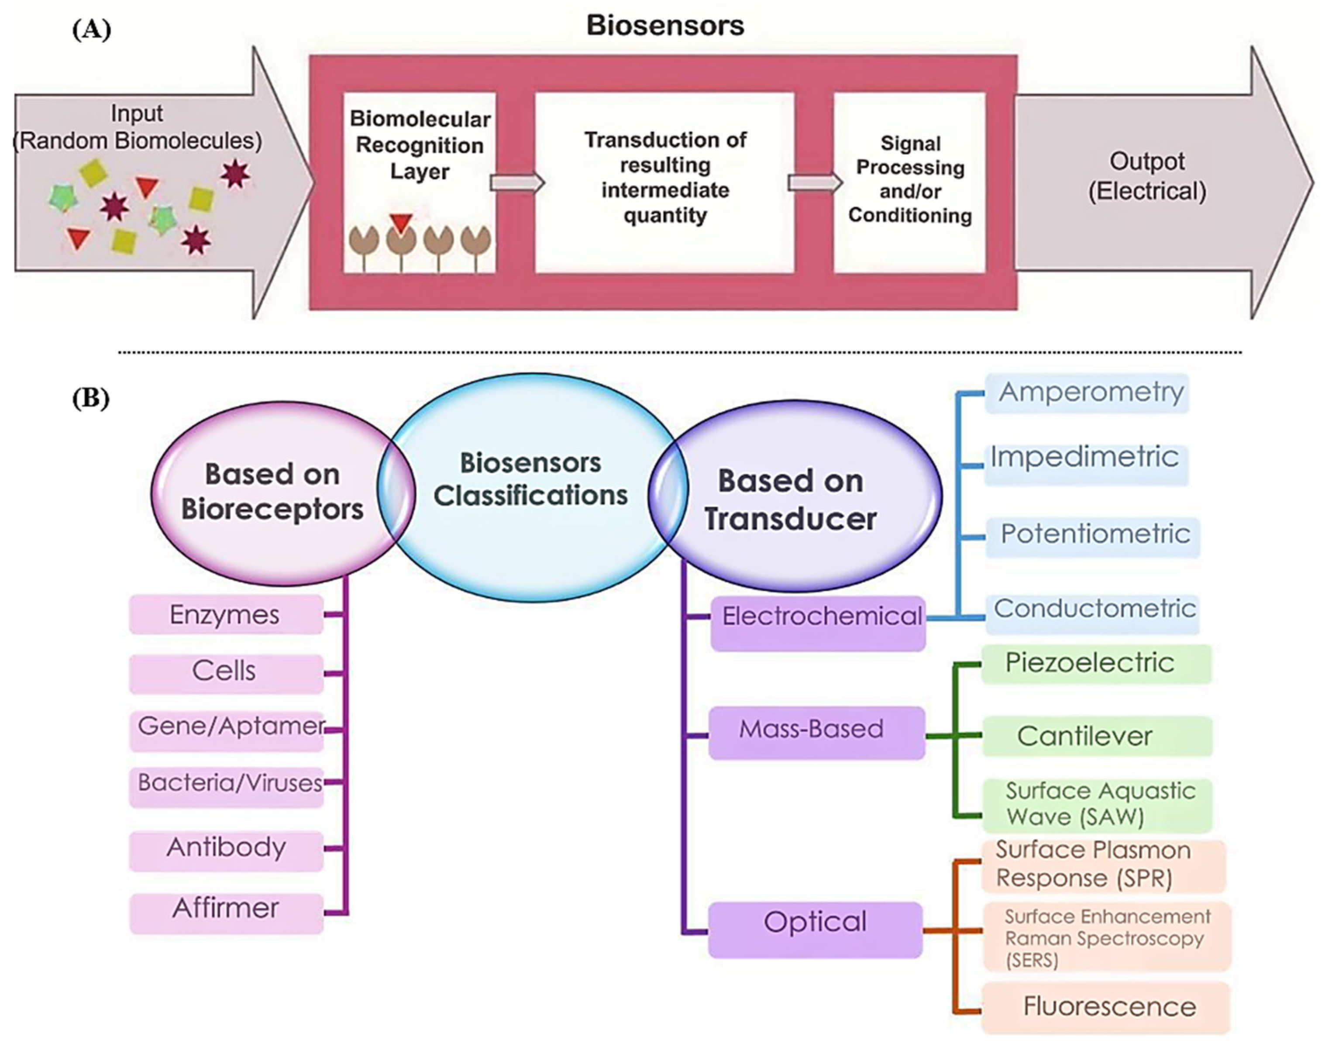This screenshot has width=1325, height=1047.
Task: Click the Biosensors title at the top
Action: pyautogui.click(x=665, y=26)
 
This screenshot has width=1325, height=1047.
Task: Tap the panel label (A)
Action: pyautogui.click(x=91, y=29)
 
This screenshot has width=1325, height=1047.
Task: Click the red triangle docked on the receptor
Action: pyautogui.click(x=401, y=223)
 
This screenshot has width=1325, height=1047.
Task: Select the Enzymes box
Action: pyautogui.click(x=226, y=614)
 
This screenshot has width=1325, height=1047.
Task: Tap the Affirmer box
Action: pyautogui.click(x=226, y=913)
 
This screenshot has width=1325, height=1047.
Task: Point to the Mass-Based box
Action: pyautogui.click(x=816, y=733)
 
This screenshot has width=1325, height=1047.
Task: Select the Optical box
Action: pyautogui.click(x=815, y=929)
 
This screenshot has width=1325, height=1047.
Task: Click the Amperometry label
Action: pyautogui.click(x=1091, y=392)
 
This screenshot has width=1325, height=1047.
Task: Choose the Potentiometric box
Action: pyautogui.click(x=1092, y=537)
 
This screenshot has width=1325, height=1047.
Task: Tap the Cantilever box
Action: pyautogui.click(x=1097, y=736)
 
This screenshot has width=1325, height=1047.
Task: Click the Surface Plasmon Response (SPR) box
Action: pyautogui.click(x=1103, y=865)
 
